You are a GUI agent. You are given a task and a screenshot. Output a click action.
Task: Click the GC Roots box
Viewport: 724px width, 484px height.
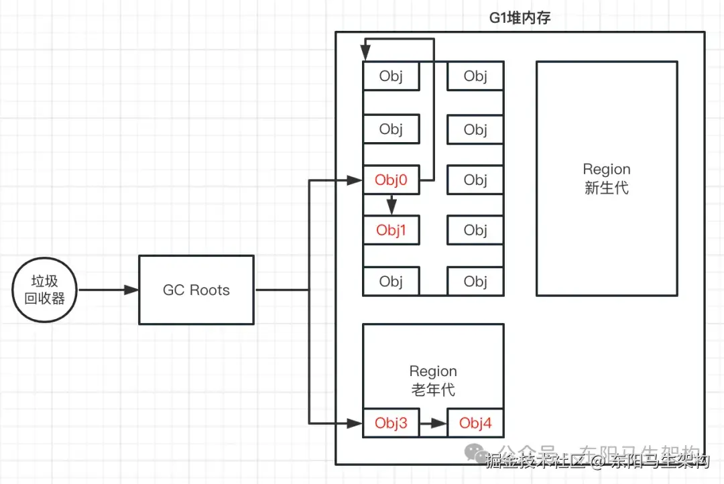click(x=196, y=290)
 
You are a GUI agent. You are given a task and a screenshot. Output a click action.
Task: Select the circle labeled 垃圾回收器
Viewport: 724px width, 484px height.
click(x=45, y=290)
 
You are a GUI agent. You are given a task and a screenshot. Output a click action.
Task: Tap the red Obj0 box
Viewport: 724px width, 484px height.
click(x=391, y=180)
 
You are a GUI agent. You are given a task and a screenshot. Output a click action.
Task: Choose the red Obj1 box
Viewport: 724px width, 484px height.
click(x=391, y=230)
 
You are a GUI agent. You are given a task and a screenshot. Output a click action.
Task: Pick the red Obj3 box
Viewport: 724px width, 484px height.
click(x=391, y=423)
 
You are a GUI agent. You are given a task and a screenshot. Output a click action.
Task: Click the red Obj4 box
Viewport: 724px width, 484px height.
click(x=475, y=423)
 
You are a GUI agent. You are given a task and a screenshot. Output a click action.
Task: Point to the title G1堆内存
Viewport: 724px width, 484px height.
click(x=520, y=18)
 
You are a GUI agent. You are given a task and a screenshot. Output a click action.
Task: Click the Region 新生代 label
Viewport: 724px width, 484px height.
click(x=606, y=178)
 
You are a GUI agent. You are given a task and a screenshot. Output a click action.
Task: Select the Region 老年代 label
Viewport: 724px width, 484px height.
click(x=433, y=380)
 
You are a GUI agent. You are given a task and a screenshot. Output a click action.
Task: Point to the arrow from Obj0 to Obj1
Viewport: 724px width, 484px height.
click(x=391, y=204)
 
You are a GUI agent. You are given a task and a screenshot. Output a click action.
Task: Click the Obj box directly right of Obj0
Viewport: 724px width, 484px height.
click(x=475, y=180)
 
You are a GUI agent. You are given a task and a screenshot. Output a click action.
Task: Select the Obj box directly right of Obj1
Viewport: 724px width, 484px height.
click(x=475, y=230)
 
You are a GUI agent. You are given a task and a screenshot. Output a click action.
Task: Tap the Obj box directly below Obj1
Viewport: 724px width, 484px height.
click(x=391, y=281)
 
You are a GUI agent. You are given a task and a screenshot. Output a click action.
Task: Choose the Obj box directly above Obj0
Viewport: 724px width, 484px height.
click(x=391, y=129)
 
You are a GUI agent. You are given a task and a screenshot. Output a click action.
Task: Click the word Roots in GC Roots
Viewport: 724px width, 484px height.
click(x=209, y=290)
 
